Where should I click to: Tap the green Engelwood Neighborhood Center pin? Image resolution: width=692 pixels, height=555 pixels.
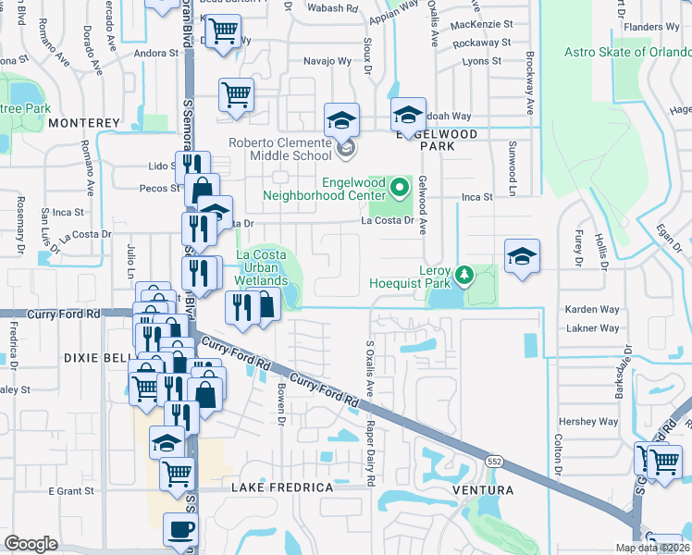400,188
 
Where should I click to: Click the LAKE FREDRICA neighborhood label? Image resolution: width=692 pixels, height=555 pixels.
281,487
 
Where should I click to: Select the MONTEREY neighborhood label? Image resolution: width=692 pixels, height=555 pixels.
84,122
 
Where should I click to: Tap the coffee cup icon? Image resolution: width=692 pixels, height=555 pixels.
180,530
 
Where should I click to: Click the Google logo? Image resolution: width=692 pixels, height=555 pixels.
31,544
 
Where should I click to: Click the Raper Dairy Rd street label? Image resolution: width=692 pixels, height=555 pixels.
370,452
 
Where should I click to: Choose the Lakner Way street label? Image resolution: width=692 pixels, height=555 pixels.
593,327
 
